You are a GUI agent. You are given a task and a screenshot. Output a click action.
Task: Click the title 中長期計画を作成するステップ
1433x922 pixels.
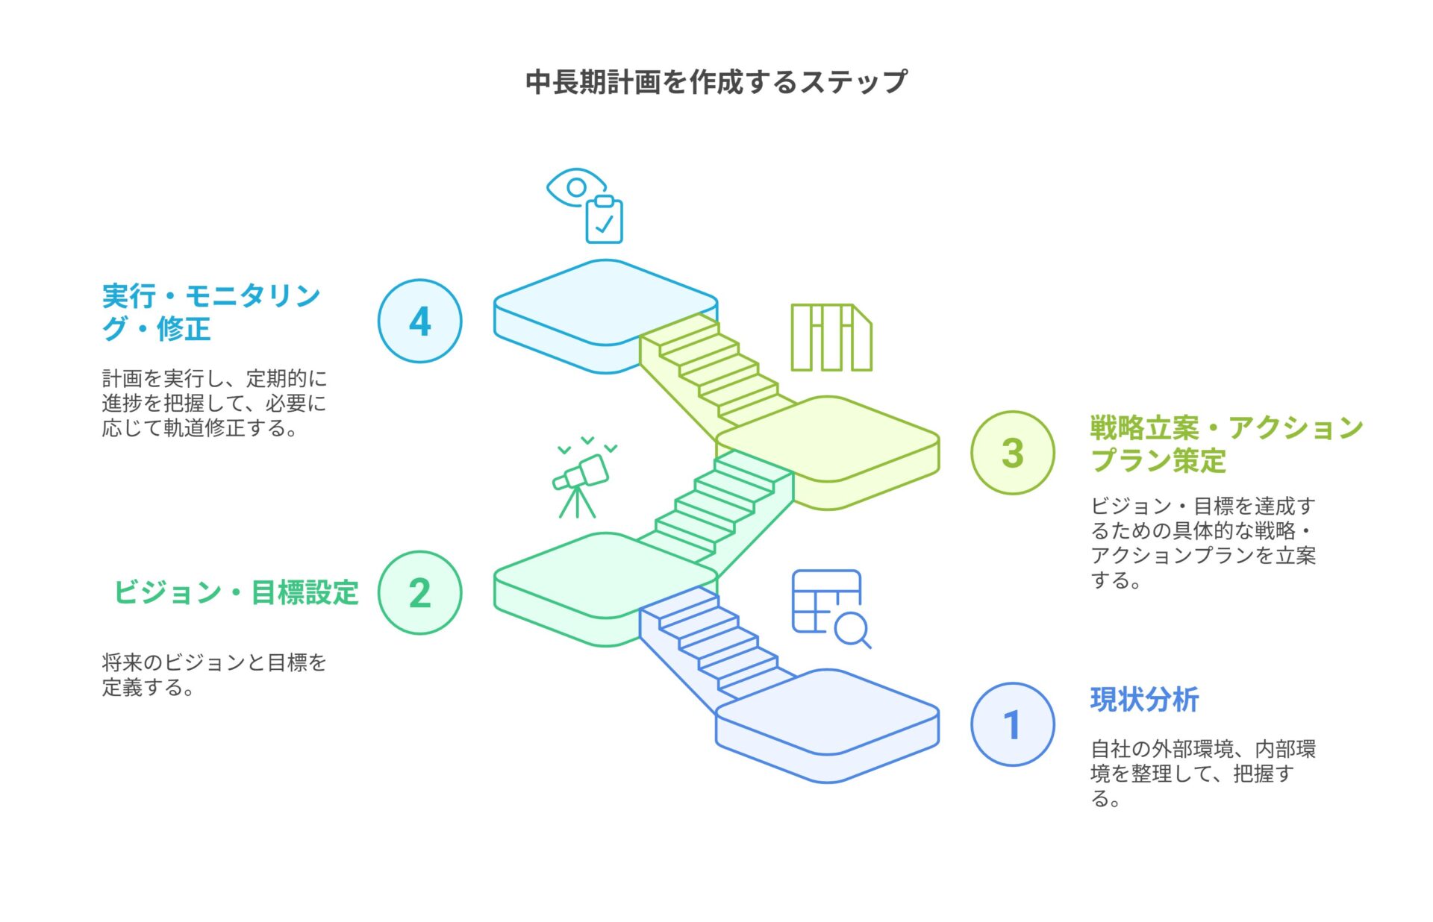tap(716, 81)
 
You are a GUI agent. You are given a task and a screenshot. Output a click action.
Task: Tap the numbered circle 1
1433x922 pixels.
tap(1013, 724)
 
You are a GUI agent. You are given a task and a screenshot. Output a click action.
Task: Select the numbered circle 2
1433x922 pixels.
tap(420, 593)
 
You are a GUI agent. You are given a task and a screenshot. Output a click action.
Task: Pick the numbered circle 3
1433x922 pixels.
tap(1013, 453)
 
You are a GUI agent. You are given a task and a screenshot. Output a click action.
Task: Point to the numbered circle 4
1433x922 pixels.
tap(420, 321)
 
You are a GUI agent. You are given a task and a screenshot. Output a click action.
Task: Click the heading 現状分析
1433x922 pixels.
tap(1144, 700)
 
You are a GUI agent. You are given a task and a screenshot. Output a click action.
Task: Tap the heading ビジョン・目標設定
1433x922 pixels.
tap(236, 593)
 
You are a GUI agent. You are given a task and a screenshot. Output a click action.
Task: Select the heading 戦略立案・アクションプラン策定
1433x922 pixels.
tap(1226, 444)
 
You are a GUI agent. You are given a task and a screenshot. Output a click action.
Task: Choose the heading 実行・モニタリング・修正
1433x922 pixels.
tap(211, 312)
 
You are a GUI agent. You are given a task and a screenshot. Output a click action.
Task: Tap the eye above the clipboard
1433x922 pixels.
tap(575, 186)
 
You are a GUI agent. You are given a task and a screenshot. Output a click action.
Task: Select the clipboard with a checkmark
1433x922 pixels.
tap(604, 220)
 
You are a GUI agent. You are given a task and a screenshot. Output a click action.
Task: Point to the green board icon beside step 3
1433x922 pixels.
tap(831, 337)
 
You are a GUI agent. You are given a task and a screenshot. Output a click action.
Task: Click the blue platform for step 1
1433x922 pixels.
tap(827, 725)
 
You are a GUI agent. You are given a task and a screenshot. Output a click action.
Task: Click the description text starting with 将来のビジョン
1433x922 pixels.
tap(214, 674)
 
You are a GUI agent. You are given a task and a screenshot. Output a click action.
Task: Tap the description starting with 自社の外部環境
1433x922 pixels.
tap(1202, 774)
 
